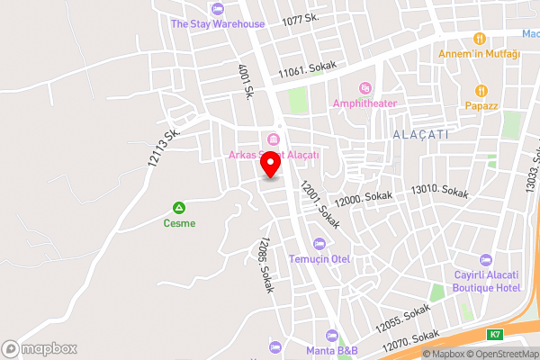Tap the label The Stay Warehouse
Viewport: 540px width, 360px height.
pyautogui.click(x=219, y=23)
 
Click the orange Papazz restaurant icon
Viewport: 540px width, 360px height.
pyautogui.click(x=481, y=90)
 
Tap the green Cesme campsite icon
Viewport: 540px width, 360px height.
pyautogui.click(x=178, y=206)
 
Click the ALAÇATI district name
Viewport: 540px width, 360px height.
pyautogui.click(x=420, y=133)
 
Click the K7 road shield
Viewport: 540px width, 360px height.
pyautogui.click(x=495, y=335)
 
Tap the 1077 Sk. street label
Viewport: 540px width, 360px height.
pyautogui.click(x=301, y=19)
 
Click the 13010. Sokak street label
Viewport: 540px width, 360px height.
pyautogui.click(x=439, y=192)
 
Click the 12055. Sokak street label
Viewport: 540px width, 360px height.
pyautogui.click(x=402, y=316)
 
